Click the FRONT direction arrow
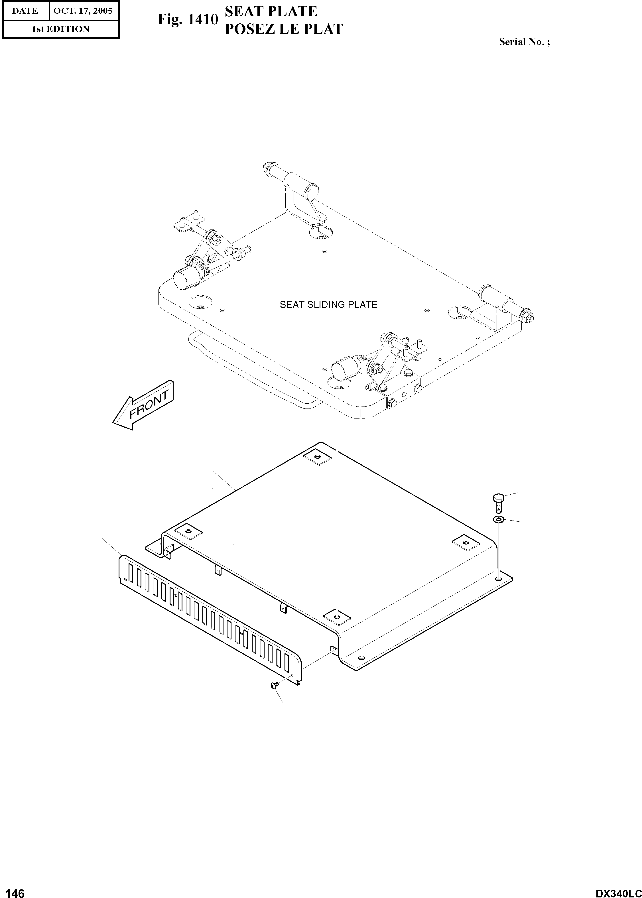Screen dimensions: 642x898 (x=143, y=405)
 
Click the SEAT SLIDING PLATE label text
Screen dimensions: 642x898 (x=328, y=305)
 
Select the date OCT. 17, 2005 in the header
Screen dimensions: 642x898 (x=83, y=11)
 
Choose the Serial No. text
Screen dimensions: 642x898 (x=524, y=42)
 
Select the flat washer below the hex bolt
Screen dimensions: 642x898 (x=499, y=519)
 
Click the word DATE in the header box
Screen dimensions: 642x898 (x=25, y=11)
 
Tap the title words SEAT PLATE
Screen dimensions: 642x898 (x=271, y=11)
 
